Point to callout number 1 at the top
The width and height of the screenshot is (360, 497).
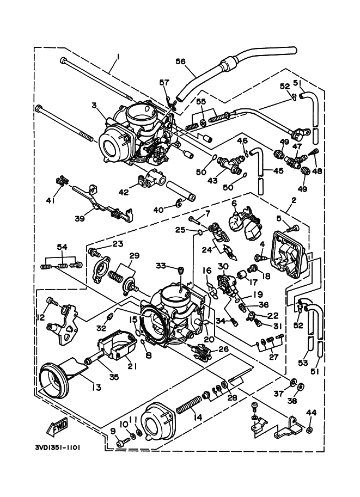point(118,56)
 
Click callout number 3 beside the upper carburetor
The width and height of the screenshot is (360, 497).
point(94,105)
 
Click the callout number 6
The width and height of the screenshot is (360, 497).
point(234,203)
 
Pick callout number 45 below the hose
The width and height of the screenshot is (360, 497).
point(278,170)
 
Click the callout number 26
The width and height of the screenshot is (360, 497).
point(223,349)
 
